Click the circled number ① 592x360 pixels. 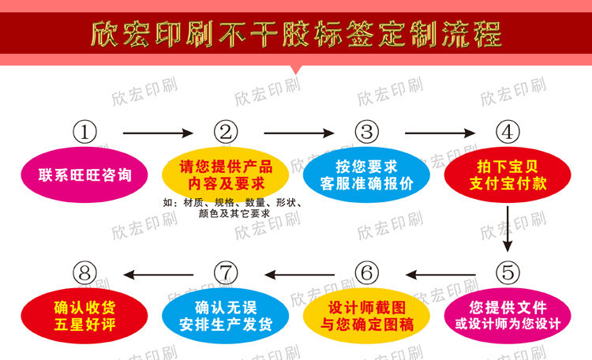coord(85,131)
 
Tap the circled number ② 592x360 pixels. coord(227,131)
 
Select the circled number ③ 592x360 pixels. coord(365,131)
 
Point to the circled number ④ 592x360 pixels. coord(508,131)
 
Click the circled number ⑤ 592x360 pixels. coord(508,273)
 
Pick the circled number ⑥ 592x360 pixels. coord(365,273)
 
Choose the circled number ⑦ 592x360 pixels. coord(227,273)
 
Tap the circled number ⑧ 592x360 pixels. coord(85,273)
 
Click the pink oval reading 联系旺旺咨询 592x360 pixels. coord(85,175)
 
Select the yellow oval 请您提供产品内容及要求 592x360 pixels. coord(226,175)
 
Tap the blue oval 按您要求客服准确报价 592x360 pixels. coord(365,175)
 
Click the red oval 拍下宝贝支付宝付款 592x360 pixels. coord(508,175)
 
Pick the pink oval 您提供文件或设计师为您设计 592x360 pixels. coord(508,316)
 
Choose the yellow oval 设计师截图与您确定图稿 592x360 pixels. coord(365,316)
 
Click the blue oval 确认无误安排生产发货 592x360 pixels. coord(226,316)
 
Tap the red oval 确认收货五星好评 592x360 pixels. coord(85,316)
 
